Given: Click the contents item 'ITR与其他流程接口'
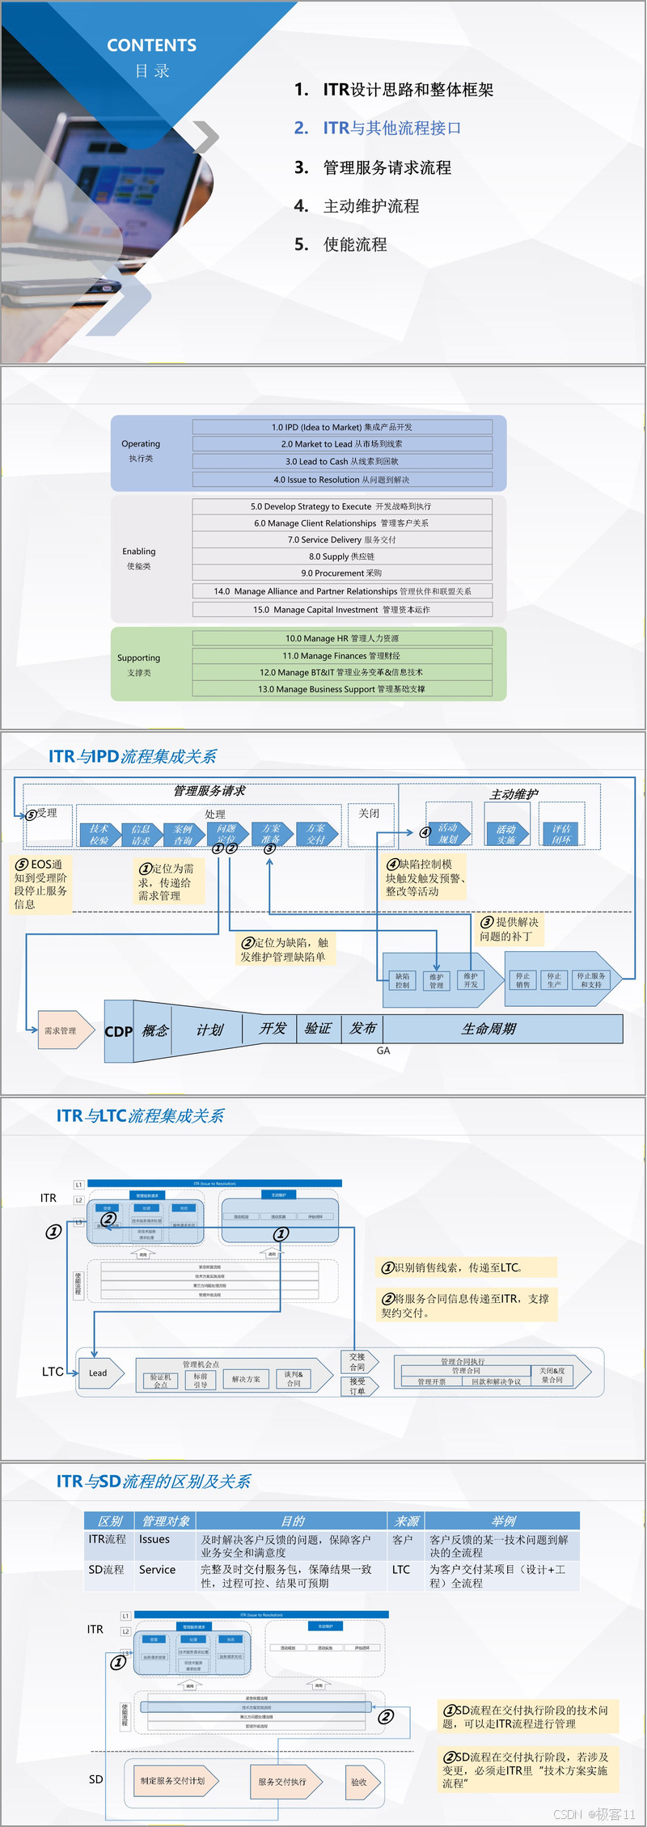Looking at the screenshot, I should [x=391, y=128].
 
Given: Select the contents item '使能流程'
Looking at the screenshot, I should [x=355, y=244].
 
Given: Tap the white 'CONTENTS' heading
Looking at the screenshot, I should [x=151, y=45].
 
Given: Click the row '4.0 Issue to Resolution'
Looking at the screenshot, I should [x=341, y=480].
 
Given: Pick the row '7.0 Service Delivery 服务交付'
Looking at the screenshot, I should [x=341, y=539].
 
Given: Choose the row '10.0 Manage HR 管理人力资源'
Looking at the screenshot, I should [x=341, y=638].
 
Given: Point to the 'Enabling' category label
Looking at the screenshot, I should [x=139, y=552].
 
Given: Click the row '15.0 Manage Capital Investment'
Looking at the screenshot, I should [x=341, y=610].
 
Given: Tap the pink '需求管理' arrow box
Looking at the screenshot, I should [x=64, y=1030].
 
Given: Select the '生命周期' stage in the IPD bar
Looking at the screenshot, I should [x=488, y=1029].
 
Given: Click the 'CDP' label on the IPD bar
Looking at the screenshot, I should [x=118, y=1031].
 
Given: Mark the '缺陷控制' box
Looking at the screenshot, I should [x=402, y=980].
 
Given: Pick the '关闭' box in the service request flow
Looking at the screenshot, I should [x=369, y=814].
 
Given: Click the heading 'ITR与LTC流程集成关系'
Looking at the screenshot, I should [x=140, y=1116].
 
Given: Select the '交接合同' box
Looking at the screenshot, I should [x=357, y=1362].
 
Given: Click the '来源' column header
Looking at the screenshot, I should [x=406, y=1521].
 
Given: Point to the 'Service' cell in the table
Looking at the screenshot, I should [x=157, y=1570].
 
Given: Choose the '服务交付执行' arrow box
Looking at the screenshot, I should [x=284, y=1782].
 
